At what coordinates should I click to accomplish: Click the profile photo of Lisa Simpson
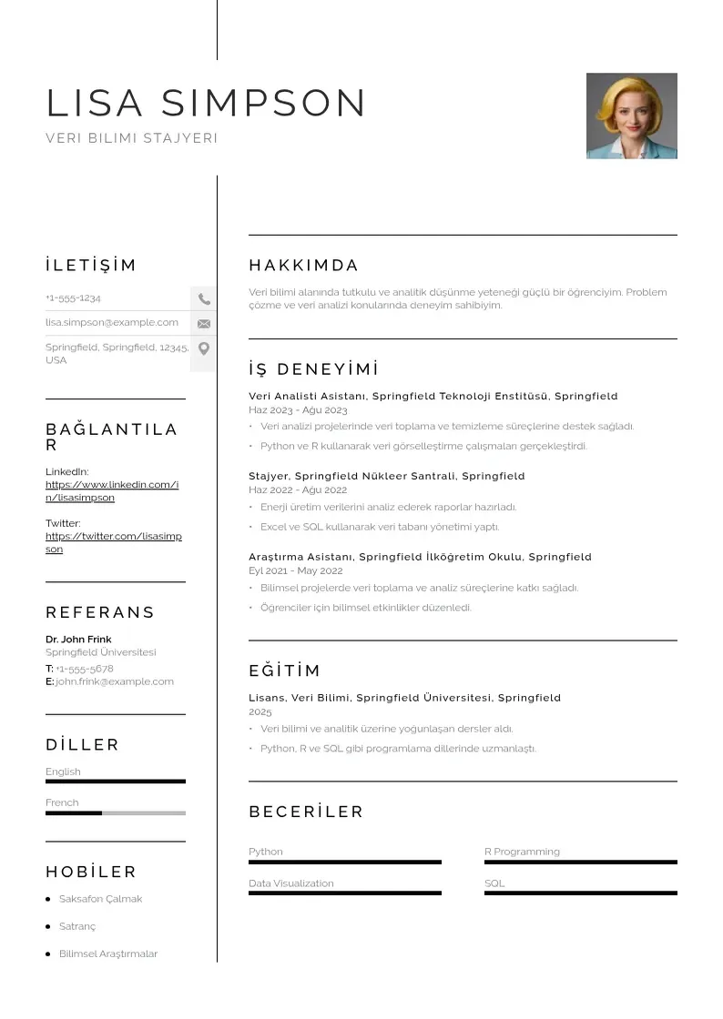point(631,116)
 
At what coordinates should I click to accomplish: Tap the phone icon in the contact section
point(203,298)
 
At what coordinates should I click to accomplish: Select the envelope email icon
point(203,323)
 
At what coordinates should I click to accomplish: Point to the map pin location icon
point(203,348)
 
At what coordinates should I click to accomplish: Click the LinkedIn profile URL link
point(112,491)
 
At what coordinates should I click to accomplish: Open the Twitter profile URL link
point(113,542)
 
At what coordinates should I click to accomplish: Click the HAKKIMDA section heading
point(303,266)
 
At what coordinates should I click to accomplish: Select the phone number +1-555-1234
point(73,298)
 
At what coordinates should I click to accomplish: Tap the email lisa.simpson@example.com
point(112,322)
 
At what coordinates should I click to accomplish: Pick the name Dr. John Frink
point(78,639)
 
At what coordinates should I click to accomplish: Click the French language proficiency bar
point(115,812)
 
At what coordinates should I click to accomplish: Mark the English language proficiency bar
point(115,782)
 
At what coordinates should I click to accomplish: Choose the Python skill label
point(266,852)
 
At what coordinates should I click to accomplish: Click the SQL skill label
point(494,883)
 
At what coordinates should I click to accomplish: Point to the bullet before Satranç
point(47,926)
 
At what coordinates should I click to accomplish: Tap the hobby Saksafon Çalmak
point(100,899)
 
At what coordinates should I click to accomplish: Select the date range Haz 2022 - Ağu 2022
point(298,490)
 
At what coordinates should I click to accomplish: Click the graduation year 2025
point(260,711)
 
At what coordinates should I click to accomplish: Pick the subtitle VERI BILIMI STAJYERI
point(131,138)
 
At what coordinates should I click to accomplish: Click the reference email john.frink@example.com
point(114,681)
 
